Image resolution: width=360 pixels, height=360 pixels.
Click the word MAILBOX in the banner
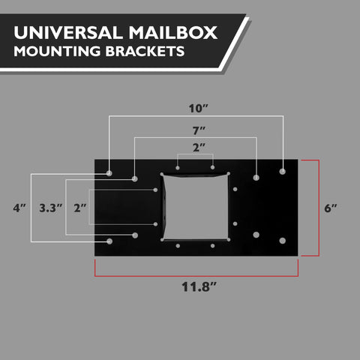pos(173,32)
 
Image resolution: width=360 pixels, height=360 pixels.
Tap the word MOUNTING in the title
pos(57,51)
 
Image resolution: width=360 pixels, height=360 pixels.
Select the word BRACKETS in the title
pos(145,51)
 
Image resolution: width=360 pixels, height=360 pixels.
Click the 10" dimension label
pos(198,109)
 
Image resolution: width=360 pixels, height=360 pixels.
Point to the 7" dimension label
pos(199,130)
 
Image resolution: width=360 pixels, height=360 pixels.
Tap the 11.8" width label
pos(199,286)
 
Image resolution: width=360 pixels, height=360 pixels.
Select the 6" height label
pos(331,208)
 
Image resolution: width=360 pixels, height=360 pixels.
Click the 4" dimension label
pos(19,208)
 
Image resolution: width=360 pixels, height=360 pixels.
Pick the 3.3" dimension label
pos(51,208)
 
